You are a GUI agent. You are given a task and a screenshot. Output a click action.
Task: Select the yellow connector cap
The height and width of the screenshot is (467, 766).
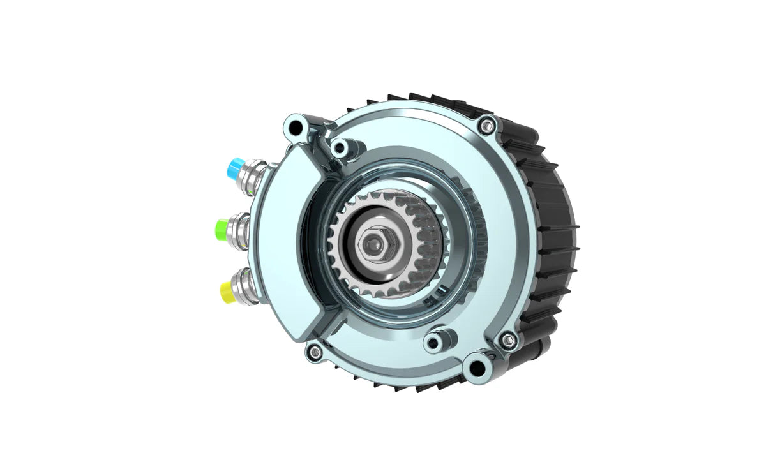click(x=227, y=291)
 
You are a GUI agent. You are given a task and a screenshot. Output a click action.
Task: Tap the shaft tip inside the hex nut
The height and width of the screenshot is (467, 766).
click(x=371, y=242)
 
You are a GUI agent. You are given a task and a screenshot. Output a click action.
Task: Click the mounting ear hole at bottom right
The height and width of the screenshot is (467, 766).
click(x=476, y=367)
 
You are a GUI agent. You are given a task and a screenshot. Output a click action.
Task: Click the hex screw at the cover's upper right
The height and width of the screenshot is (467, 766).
click(x=489, y=126)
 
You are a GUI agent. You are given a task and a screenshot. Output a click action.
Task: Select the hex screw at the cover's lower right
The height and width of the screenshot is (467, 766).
click(x=509, y=338)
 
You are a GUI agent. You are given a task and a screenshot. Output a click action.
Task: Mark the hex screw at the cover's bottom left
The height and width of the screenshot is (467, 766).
click(x=313, y=351)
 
